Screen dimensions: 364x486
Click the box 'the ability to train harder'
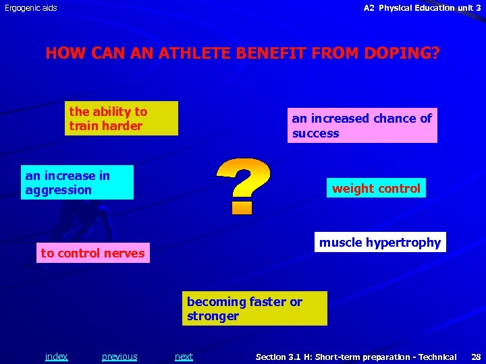[122, 119]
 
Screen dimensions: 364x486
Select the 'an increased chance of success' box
[362, 125]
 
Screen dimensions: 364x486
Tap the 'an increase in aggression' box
[77, 183]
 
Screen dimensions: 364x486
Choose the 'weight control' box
[376, 189]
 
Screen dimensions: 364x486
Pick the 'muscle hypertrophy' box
[380, 242]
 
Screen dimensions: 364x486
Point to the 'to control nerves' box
[93, 253]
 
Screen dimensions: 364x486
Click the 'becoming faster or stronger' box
[254, 309]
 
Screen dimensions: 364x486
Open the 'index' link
[56, 357]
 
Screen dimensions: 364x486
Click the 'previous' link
[119, 357]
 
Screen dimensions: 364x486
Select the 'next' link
[184, 357]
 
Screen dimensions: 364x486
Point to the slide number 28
[475, 357]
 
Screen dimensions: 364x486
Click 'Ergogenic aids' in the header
[31, 8]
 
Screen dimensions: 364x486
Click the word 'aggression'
[58, 190]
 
